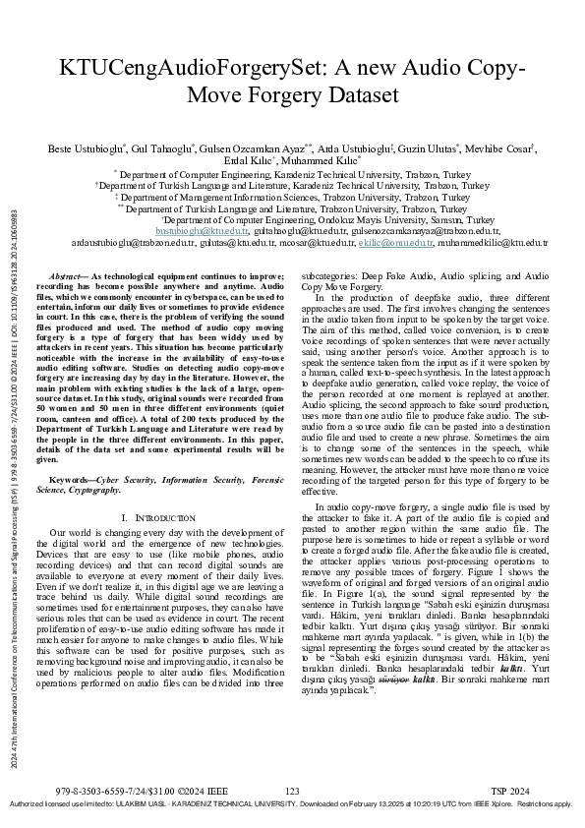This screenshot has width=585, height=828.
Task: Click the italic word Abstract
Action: coord(67,278)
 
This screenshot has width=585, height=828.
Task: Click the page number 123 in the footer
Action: coord(291,791)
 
